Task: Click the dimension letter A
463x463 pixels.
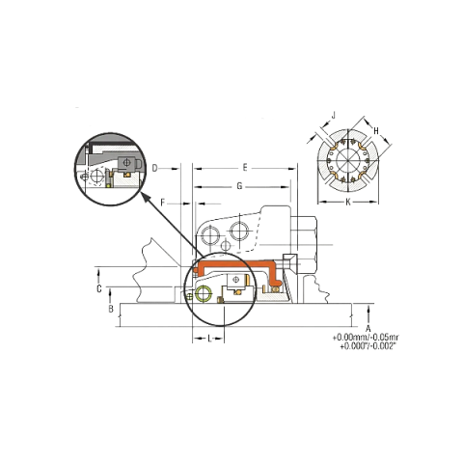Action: tap(368, 329)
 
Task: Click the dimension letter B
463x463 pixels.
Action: tap(111, 309)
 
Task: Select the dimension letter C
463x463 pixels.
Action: tap(99, 289)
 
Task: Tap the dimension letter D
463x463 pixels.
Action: tap(155, 168)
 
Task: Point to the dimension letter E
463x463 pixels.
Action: tap(245, 168)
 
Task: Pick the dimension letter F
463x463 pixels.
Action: tap(163, 203)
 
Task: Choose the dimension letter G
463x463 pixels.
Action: tap(239, 186)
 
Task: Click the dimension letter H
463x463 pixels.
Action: tap(376, 131)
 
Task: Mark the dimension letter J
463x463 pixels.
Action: tap(334, 115)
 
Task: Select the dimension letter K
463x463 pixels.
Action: tap(348, 202)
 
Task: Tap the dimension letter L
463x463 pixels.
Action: tap(209, 339)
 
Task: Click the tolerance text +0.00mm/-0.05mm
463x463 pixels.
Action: tap(366, 338)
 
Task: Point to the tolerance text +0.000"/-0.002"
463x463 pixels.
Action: tap(368, 346)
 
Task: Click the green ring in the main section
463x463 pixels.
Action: tap(204, 293)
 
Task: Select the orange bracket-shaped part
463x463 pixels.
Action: tap(238, 270)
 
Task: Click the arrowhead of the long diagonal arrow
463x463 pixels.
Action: tap(145, 197)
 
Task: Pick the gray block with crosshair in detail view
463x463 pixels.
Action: tap(128, 163)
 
